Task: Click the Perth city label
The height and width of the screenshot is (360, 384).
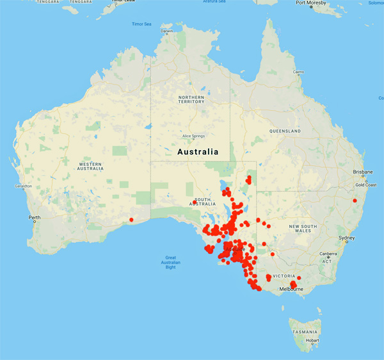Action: tap(34, 218)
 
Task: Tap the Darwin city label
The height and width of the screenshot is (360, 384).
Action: tap(167, 31)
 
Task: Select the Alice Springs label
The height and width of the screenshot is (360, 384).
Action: tap(194, 136)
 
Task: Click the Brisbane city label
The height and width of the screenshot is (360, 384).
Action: tap(358, 172)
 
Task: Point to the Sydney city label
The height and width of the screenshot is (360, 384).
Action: tap(346, 238)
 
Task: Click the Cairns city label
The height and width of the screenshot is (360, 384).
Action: tap(298, 72)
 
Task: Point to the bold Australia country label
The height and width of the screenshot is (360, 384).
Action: tap(197, 152)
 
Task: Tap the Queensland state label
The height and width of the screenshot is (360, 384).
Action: tap(285, 131)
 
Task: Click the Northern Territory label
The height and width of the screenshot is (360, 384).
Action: tap(191, 99)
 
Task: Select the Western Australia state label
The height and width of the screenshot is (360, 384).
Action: tap(90, 167)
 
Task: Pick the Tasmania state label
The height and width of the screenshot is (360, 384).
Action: tap(305, 332)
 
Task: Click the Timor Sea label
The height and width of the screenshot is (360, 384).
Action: tap(141, 24)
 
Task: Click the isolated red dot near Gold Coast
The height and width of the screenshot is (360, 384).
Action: tap(355, 200)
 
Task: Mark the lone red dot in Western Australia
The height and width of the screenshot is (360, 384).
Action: tap(131, 220)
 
